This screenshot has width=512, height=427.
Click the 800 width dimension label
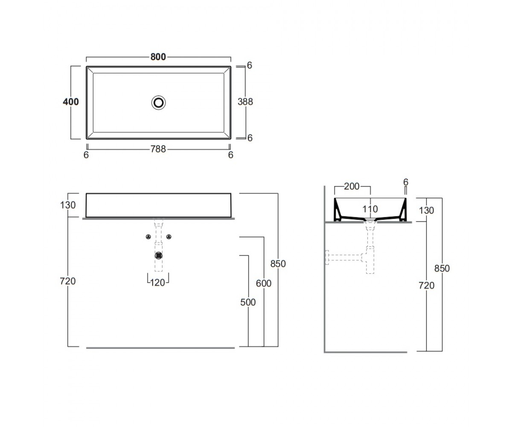158,57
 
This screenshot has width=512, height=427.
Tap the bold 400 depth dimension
71,102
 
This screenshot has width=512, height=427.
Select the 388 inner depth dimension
245,102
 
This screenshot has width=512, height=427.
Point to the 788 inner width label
158,149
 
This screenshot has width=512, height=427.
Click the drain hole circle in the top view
158,102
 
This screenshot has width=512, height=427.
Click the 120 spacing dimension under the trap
157,283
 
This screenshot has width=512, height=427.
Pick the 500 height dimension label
248,302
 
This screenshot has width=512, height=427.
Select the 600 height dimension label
264,284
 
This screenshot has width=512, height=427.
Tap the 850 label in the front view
278,264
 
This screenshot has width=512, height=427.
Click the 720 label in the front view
68,281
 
